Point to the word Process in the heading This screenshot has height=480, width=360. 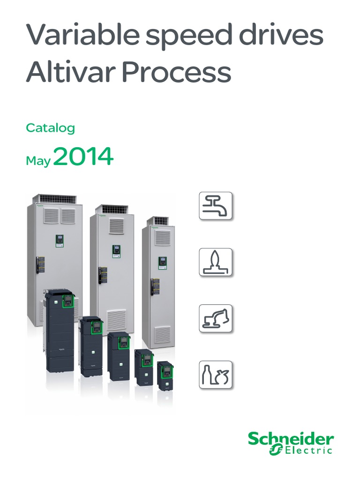click(176, 72)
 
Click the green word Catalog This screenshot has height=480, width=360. click(51, 128)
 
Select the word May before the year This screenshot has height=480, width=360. click(38, 161)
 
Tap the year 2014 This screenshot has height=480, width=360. click(83, 156)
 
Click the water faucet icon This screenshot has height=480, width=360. click(216, 206)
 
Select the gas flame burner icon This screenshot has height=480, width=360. click(216, 262)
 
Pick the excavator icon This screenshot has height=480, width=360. click(216, 318)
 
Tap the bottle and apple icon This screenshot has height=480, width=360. click(216, 375)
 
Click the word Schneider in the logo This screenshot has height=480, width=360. click(291, 439)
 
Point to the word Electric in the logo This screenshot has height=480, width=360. click(308, 450)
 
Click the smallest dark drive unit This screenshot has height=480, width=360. click(165, 376)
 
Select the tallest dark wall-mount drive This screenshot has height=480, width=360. click(60, 330)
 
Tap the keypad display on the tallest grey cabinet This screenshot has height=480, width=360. click(60, 240)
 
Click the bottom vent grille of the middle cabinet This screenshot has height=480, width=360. click(116, 320)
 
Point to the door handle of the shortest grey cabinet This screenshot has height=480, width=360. click(152, 287)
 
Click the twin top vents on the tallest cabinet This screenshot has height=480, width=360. click(60, 216)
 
